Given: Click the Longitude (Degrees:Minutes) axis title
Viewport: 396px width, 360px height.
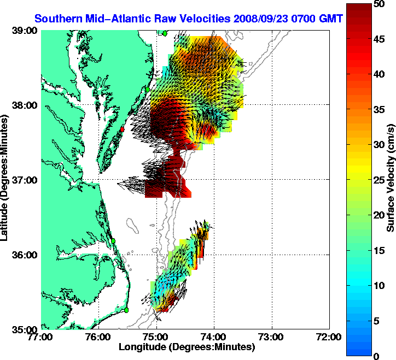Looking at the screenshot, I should click(x=187, y=346).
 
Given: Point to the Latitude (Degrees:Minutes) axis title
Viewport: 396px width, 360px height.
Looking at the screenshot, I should click(x=6, y=180).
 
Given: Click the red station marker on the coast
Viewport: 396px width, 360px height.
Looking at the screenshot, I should click(x=123, y=129).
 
